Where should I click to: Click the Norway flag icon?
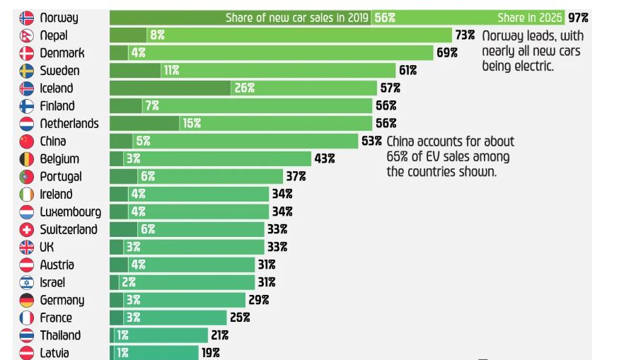[x=26, y=18]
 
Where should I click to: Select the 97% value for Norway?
[x=577, y=18]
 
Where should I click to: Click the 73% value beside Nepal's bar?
[x=465, y=35]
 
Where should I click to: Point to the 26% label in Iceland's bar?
[x=245, y=88]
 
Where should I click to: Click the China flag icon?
[x=26, y=141]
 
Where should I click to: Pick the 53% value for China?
[x=371, y=141]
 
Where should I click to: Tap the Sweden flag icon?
[x=26, y=71]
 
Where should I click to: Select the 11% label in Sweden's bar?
[x=170, y=71]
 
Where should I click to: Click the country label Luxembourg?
[x=70, y=211]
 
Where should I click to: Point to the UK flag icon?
[x=26, y=247]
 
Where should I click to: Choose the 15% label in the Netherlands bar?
[x=192, y=124]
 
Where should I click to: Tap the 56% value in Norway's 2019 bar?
[x=384, y=18]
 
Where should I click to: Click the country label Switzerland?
[x=69, y=229]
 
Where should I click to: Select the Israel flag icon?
[x=26, y=282]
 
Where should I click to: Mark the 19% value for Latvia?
[x=210, y=353]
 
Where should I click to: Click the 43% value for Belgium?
[x=325, y=159]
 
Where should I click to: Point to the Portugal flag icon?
[x=26, y=177]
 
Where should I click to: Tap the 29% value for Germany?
[x=258, y=300]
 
